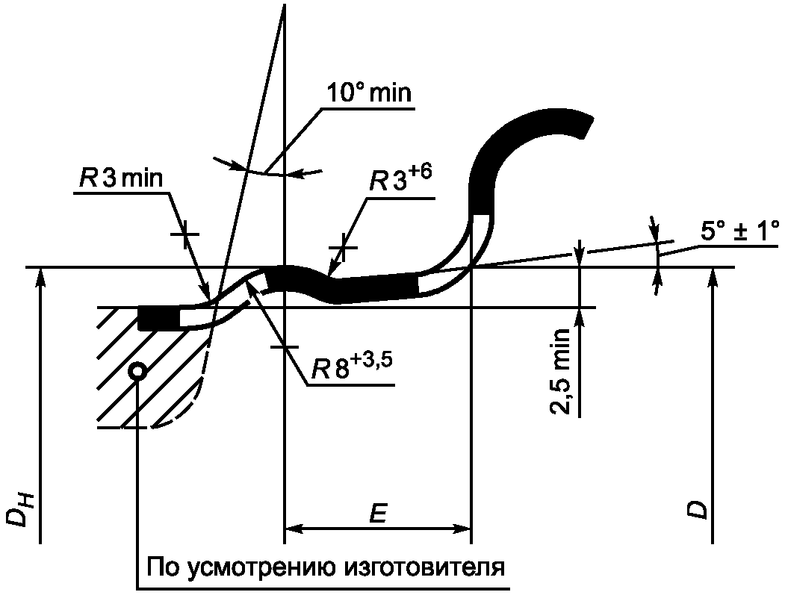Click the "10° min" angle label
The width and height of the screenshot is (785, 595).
369,94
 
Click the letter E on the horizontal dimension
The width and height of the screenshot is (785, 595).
377,514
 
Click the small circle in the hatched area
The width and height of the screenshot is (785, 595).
137,371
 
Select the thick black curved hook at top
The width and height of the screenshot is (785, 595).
523,142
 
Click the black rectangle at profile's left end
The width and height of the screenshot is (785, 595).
158,318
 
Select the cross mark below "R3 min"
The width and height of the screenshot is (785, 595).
184,234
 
